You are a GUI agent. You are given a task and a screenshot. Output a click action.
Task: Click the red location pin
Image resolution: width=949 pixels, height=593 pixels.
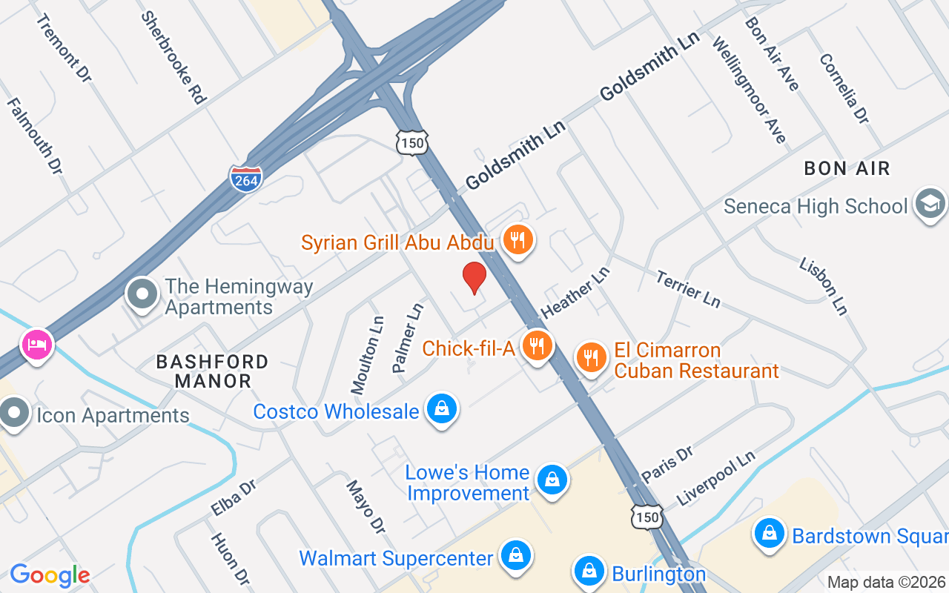[x=474, y=278]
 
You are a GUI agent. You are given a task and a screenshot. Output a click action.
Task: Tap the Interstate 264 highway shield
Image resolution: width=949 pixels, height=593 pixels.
[x=245, y=178]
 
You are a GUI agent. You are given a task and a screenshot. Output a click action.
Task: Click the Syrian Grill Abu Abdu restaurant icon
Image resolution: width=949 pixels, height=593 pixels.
[x=518, y=239]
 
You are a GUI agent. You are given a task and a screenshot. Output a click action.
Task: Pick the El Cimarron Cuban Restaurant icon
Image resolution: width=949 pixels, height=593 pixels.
[x=591, y=357]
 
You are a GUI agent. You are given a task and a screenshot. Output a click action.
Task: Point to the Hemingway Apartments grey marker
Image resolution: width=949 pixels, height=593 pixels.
[x=142, y=294]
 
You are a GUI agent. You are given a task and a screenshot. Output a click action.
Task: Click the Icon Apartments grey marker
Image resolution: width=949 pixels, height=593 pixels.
[x=13, y=414]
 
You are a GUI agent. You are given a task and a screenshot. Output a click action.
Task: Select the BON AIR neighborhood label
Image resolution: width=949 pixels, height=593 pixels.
[x=847, y=168]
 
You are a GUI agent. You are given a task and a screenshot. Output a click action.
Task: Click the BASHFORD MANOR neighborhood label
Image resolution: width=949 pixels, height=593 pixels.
[x=212, y=371]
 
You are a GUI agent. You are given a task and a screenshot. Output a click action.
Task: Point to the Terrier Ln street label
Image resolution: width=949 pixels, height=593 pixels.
[x=687, y=288]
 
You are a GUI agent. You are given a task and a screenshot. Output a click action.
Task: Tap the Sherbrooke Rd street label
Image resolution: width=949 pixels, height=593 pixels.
[x=173, y=57]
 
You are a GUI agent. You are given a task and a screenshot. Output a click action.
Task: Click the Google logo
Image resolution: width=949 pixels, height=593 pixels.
[x=50, y=575]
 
